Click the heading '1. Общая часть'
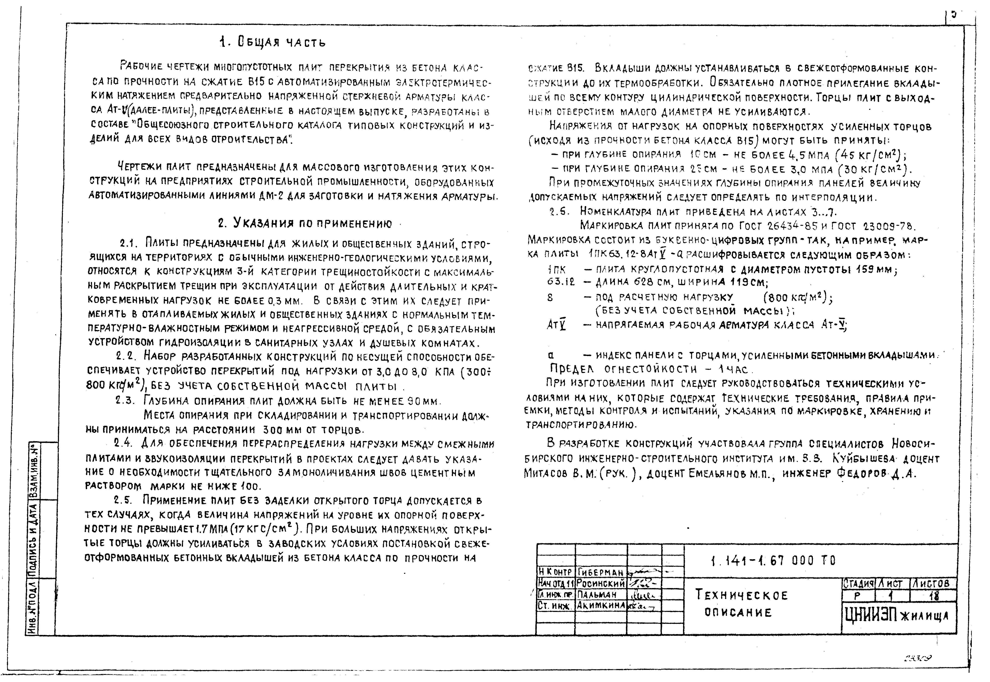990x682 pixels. (x=272, y=42)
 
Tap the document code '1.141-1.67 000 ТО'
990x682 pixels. (x=773, y=561)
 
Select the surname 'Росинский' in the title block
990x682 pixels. (x=600, y=583)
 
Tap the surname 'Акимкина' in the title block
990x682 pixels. (x=600, y=605)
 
